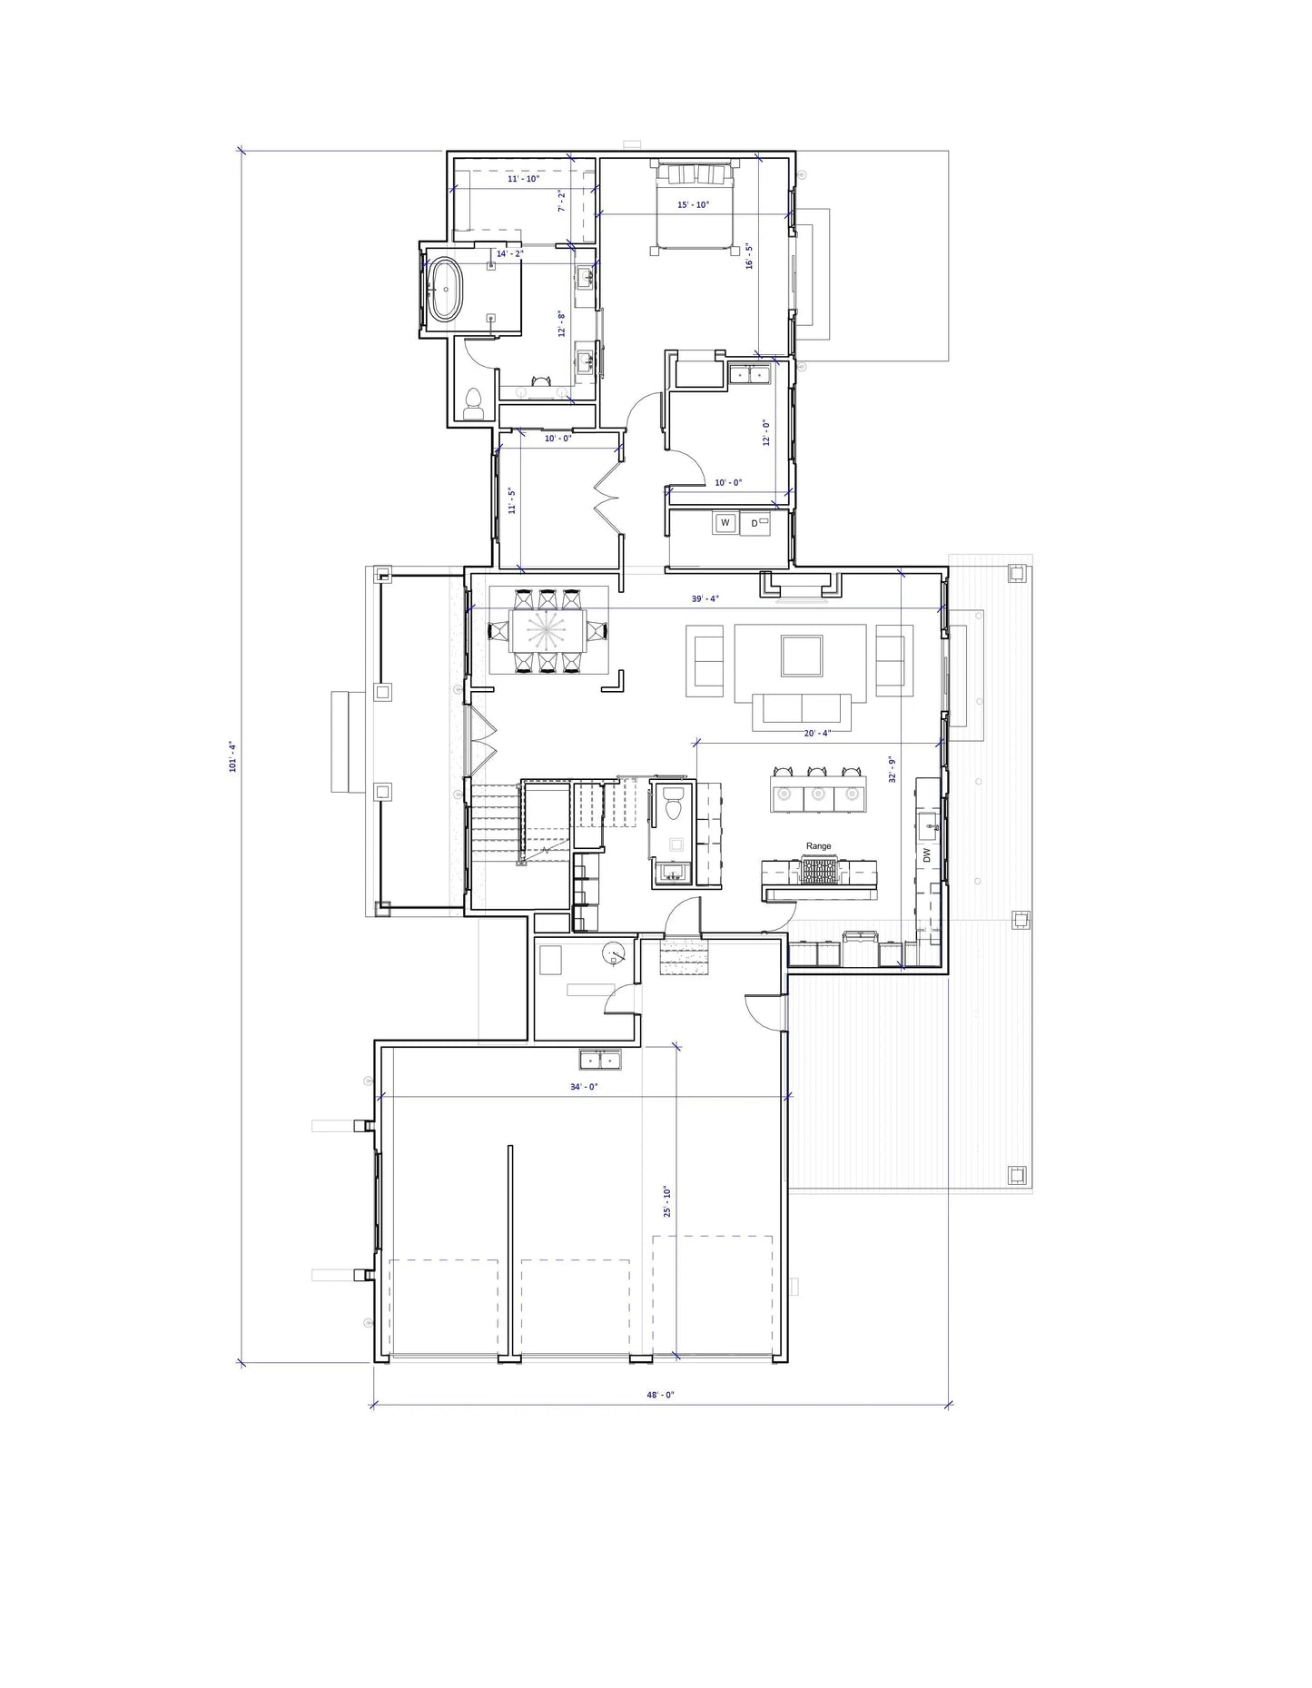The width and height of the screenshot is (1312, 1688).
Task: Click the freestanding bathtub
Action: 445,290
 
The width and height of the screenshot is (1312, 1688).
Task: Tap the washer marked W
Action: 725,523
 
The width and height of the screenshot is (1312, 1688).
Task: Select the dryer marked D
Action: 755,523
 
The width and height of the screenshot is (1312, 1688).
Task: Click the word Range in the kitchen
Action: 818,846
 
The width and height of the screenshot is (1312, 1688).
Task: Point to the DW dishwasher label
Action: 927,855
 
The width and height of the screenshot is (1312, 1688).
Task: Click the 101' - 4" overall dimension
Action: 232,756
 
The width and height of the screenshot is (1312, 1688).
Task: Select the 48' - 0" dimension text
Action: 660,1395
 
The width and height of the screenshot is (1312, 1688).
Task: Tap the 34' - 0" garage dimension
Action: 584,1087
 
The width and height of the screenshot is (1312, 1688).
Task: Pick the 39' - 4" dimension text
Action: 705,599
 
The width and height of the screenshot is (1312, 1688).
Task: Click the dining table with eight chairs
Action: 548,630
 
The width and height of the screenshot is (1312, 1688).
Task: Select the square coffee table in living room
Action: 802,656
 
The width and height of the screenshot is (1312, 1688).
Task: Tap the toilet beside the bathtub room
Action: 472,403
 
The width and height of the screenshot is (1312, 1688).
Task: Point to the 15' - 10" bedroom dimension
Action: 693,205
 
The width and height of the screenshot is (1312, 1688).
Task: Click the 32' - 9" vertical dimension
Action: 893,769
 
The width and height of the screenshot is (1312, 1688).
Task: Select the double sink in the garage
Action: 600,1060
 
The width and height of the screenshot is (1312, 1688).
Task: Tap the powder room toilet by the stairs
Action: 674,804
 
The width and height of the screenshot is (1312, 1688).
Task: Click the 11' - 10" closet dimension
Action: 523,180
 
